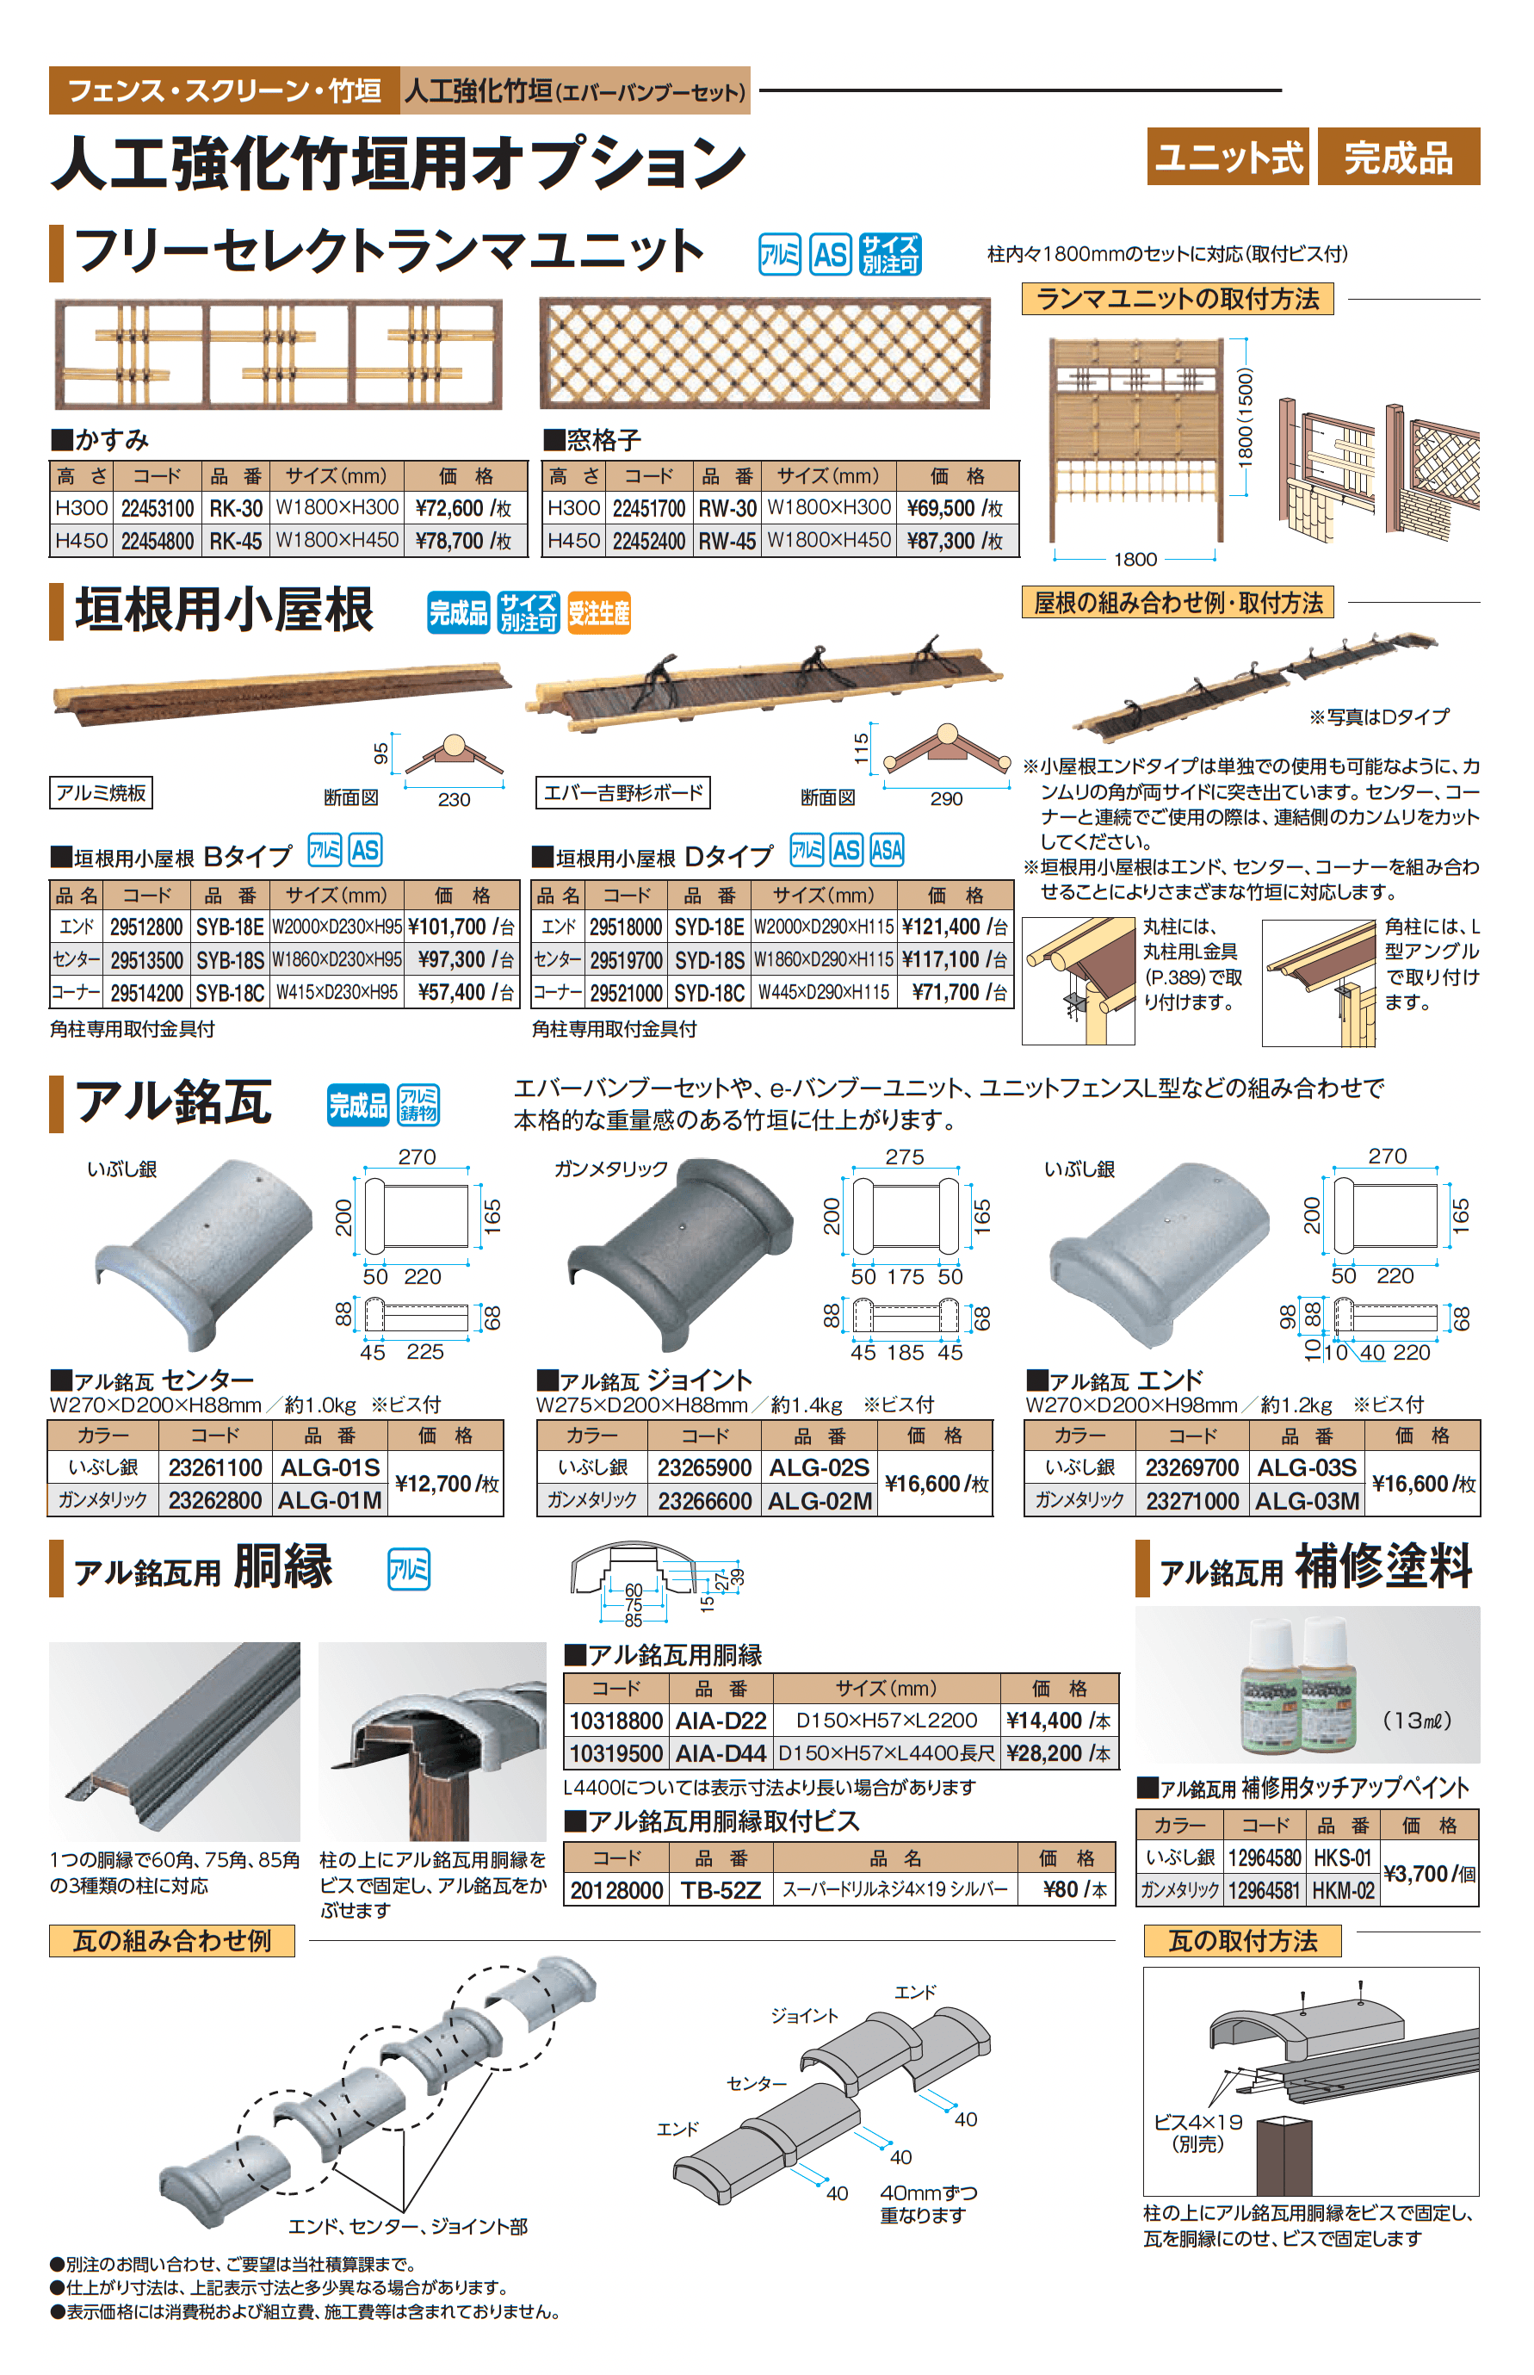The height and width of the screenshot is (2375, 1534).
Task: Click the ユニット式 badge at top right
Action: point(1228,158)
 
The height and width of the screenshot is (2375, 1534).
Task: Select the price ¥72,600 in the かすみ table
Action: point(462,508)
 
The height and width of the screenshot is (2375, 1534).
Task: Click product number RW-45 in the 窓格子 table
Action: point(727,541)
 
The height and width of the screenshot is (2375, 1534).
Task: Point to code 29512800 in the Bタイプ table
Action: point(146,927)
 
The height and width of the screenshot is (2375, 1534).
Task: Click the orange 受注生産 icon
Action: point(598,612)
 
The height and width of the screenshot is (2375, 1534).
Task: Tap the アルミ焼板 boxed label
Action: point(101,793)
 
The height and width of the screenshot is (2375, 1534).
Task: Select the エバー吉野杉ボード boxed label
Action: point(622,793)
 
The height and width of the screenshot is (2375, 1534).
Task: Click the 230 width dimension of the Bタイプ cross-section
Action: point(455,799)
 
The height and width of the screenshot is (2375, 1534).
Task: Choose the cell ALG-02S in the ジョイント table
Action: point(819,1467)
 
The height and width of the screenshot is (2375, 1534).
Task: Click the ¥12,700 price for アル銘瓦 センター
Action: point(445,1484)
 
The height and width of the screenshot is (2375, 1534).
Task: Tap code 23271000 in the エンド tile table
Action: point(1192,1501)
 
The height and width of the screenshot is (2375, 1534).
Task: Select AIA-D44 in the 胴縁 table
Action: point(721,1753)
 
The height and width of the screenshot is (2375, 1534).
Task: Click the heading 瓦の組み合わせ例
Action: point(171,1941)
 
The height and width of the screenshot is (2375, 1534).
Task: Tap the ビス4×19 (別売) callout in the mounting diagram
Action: point(1197,2133)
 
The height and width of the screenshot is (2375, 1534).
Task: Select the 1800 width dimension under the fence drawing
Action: point(1135,559)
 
